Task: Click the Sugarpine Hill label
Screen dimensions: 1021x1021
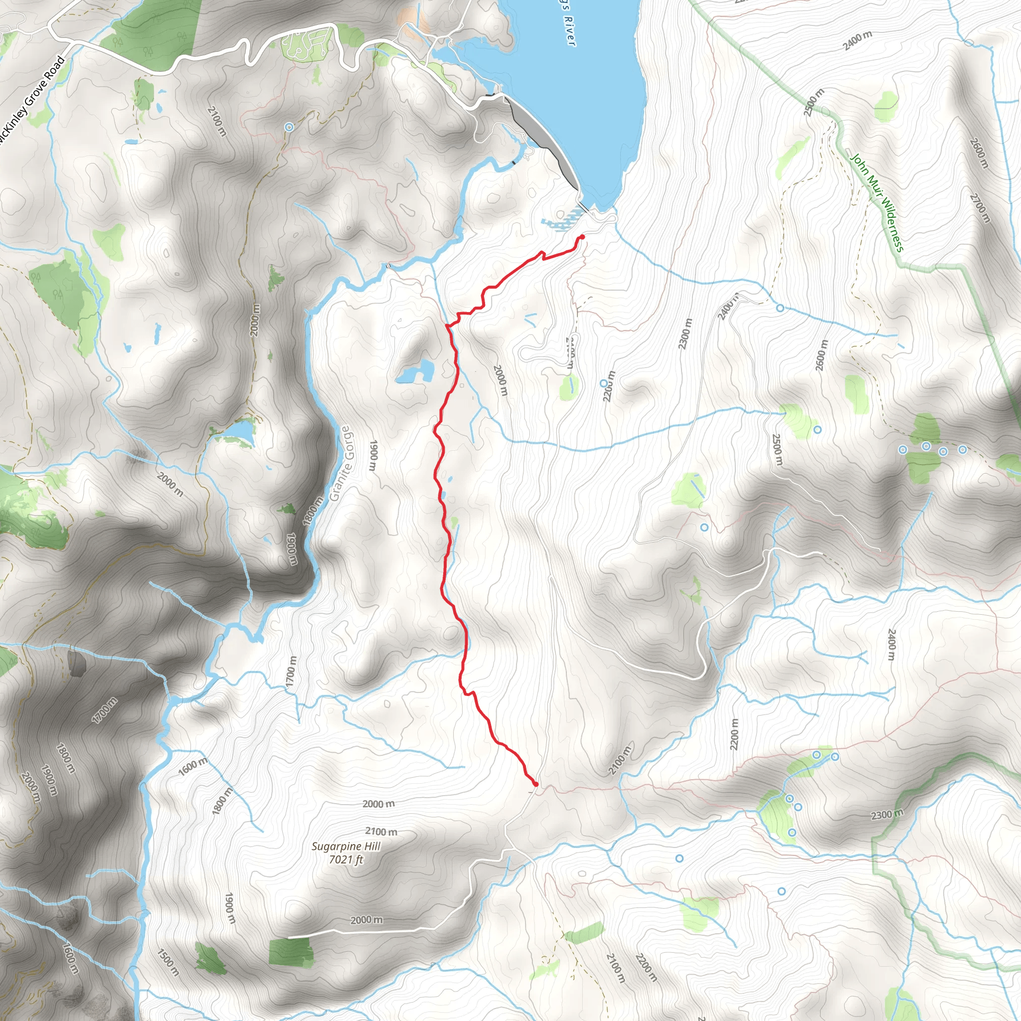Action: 345,846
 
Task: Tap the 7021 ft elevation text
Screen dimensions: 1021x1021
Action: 346,860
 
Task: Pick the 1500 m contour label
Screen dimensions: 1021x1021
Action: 169,962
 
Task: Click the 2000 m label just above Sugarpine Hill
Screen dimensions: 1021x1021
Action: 378,804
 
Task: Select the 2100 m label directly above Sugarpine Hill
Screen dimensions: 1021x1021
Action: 381,831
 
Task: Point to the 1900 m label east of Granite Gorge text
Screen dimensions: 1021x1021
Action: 373,456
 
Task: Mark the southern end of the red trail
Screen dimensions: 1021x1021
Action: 536,784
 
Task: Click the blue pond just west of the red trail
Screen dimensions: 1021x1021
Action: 415,372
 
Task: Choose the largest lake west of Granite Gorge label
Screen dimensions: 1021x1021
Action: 240,432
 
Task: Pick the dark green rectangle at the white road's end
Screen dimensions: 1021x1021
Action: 291,952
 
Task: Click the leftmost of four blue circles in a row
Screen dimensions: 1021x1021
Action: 903,450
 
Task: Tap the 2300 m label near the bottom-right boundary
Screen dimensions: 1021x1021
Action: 887,815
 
